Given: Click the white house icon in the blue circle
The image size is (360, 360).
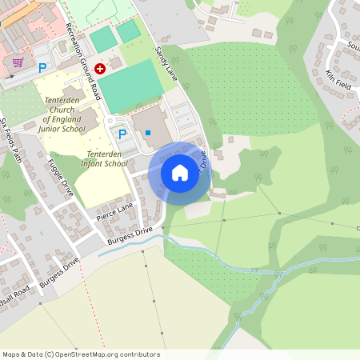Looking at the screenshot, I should point(180,173).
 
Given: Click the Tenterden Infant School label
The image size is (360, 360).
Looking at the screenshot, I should point(106,158).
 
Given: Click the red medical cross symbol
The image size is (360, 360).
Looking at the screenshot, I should point(100,70).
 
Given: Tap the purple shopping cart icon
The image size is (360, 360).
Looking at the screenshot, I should point(18,62).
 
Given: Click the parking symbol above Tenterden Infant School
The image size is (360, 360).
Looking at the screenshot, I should point(122,134).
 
